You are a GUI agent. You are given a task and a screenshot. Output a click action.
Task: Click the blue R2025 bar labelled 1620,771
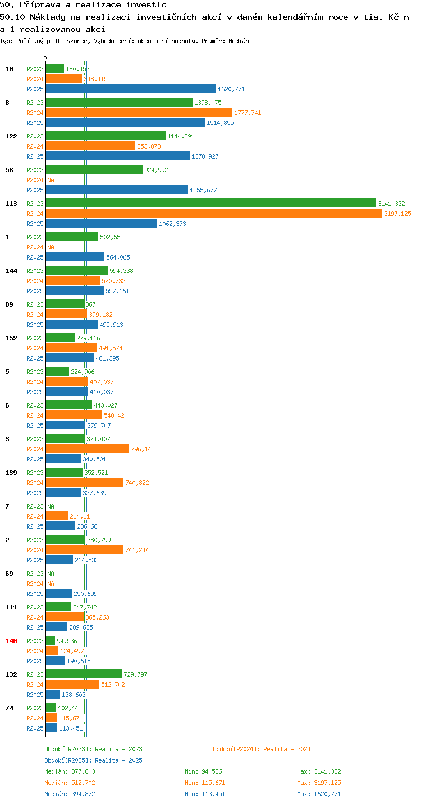click(131, 89)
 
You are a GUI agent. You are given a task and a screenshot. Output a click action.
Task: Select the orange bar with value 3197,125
click(214, 213)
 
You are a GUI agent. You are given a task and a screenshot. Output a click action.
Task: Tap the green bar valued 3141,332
click(211, 203)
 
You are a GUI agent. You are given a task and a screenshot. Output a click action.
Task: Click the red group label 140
click(11, 641)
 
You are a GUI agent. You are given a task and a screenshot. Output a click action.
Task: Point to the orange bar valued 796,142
click(88, 449)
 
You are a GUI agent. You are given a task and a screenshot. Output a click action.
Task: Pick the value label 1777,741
click(248, 113)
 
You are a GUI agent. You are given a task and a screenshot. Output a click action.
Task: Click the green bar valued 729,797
click(84, 674)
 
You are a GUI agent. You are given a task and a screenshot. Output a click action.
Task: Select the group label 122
click(11, 136)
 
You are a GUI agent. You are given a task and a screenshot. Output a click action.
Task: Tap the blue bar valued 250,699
click(58, 593)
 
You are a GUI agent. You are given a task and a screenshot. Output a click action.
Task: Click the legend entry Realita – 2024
click(262, 749)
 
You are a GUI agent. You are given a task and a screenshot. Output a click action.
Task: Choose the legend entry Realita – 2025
click(93, 760)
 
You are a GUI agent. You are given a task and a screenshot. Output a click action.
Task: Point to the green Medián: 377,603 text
click(70, 771)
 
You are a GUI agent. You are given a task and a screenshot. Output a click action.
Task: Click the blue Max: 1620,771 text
click(319, 793)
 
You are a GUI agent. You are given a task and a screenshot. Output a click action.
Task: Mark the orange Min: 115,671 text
click(205, 783)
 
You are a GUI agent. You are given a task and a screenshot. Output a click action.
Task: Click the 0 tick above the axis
click(45, 58)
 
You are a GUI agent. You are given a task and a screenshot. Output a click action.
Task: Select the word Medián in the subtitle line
click(239, 41)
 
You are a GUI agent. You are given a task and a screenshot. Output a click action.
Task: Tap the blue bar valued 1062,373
click(101, 223)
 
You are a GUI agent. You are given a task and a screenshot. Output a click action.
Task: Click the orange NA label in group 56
click(51, 180)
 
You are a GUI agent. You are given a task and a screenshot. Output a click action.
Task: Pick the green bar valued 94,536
click(51, 640)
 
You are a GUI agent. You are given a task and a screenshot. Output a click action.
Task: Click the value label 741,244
click(137, 550)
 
